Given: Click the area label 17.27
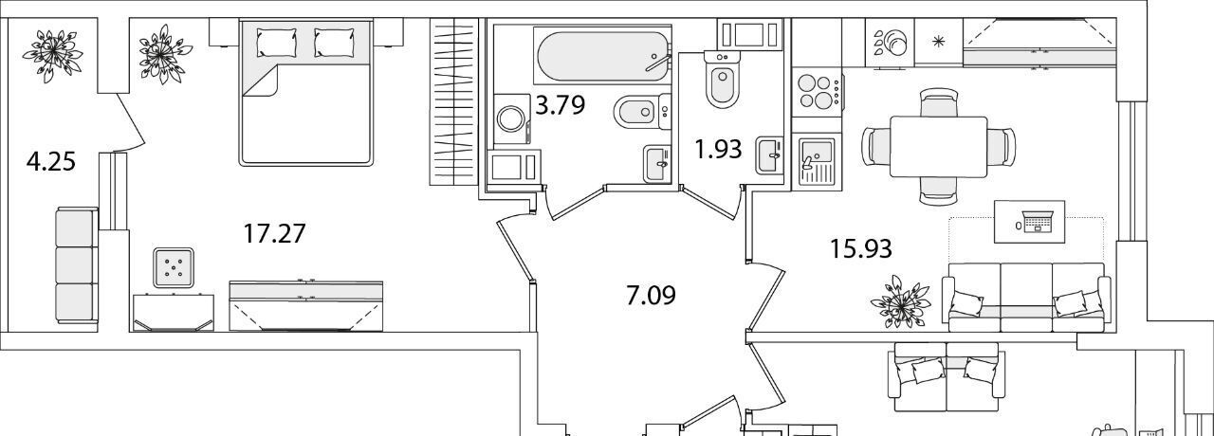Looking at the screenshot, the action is click(275, 234).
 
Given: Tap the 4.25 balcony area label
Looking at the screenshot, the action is click(51, 161).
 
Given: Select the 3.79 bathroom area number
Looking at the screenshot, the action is click(560, 104).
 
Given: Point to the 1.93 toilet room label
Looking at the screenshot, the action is click(718, 149).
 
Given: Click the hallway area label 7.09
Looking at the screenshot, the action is click(651, 296).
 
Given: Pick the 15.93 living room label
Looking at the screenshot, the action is click(861, 249).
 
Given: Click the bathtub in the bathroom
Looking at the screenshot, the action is click(602, 56).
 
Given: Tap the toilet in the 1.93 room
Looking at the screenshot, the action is click(723, 78).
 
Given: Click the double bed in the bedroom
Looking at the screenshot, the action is click(305, 93).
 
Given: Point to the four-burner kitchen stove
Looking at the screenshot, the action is click(818, 93).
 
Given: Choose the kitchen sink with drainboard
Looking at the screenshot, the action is click(817, 161).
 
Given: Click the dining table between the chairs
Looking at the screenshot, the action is click(939, 146).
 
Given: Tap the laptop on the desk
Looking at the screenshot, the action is click(1038, 222).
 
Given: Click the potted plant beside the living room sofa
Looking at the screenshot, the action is click(901, 301).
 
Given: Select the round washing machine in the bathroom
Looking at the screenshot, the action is click(511, 119).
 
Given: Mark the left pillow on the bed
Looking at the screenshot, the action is click(277, 43).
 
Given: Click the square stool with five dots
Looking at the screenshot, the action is click(174, 267).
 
